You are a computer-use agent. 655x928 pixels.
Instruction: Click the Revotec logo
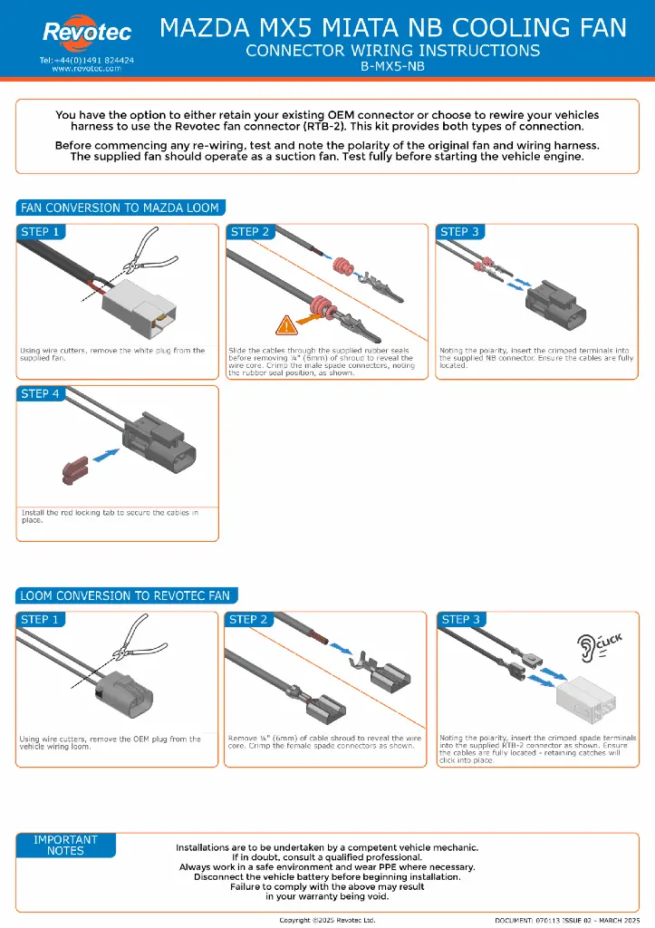coord(87,33)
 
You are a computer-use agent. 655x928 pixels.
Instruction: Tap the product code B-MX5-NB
coord(393,66)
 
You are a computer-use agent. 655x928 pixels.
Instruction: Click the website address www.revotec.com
coord(87,68)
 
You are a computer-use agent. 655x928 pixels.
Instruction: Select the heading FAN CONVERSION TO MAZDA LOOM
coord(120,208)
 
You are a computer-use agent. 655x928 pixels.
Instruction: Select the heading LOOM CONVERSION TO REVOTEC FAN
coord(126,595)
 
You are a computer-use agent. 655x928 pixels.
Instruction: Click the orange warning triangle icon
coord(287,323)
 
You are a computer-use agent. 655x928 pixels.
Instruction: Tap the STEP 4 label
coord(41,393)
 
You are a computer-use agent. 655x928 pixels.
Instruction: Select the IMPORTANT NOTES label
coord(65,846)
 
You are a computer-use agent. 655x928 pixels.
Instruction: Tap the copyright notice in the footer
coord(327,920)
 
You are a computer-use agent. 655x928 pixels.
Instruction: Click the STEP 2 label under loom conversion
coord(249,620)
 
